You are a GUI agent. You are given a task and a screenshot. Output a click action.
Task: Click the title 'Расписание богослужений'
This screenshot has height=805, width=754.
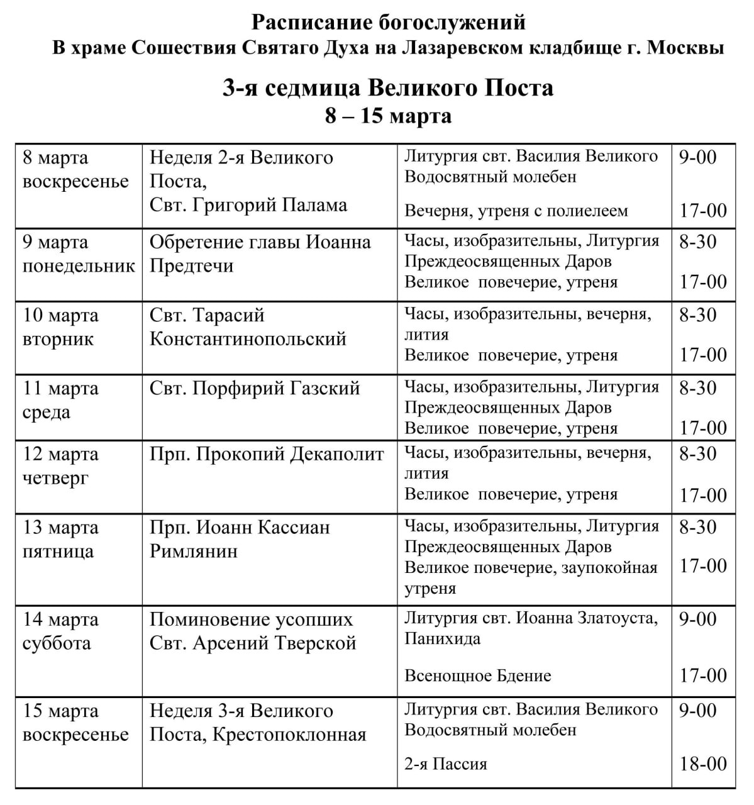[x=388, y=23]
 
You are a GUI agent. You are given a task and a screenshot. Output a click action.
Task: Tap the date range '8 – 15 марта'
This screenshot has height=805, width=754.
[x=388, y=116]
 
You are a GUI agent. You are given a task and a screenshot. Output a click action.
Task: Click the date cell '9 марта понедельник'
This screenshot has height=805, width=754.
[x=79, y=254]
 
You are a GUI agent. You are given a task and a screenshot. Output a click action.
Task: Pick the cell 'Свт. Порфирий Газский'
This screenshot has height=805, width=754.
[x=254, y=388]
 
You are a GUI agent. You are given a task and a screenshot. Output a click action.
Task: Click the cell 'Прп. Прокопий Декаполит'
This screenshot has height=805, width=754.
[x=267, y=454]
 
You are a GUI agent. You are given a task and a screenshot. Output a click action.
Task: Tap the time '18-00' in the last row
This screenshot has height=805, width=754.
[x=702, y=764]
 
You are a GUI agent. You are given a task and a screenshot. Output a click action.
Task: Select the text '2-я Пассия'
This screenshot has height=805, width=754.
[x=446, y=765]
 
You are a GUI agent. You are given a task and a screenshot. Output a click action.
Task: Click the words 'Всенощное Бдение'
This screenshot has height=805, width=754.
[x=478, y=676]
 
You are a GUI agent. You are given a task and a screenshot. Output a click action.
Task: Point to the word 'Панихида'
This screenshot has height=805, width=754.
[x=443, y=639]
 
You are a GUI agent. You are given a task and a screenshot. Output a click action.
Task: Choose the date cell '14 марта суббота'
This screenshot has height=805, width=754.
[x=60, y=631]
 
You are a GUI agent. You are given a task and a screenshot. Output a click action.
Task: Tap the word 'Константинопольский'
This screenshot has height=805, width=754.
[x=248, y=339]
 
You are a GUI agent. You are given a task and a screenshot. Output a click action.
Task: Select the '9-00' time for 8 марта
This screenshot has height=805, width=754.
[x=697, y=157]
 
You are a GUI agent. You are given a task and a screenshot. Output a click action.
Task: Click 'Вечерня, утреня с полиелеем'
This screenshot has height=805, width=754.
[x=516, y=211]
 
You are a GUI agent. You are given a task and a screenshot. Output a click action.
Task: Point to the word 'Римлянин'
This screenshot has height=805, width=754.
[x=194, y=552]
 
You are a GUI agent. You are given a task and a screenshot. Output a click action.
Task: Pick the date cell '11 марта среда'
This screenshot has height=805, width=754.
[x=60, y=400]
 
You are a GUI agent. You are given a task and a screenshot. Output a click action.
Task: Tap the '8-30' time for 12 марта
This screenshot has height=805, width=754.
[x=697, y=453]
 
